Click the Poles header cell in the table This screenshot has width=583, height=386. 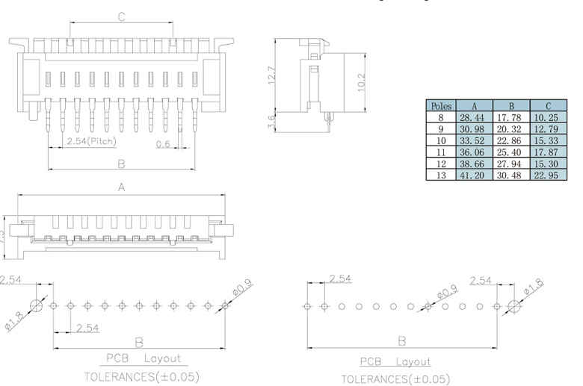tap(440, 106)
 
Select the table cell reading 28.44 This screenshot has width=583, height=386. tap(474, 117)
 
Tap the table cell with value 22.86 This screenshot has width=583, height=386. tap(510, 140)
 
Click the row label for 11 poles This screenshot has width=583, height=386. tap(440, 151)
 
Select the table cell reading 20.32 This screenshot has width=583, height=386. tap(510, 128)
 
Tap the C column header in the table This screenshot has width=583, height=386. tap(546, 106)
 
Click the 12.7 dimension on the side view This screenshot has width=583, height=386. tap(272, 75)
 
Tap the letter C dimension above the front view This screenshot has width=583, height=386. tap(120, 16)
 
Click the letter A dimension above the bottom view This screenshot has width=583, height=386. tap(120, 188)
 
